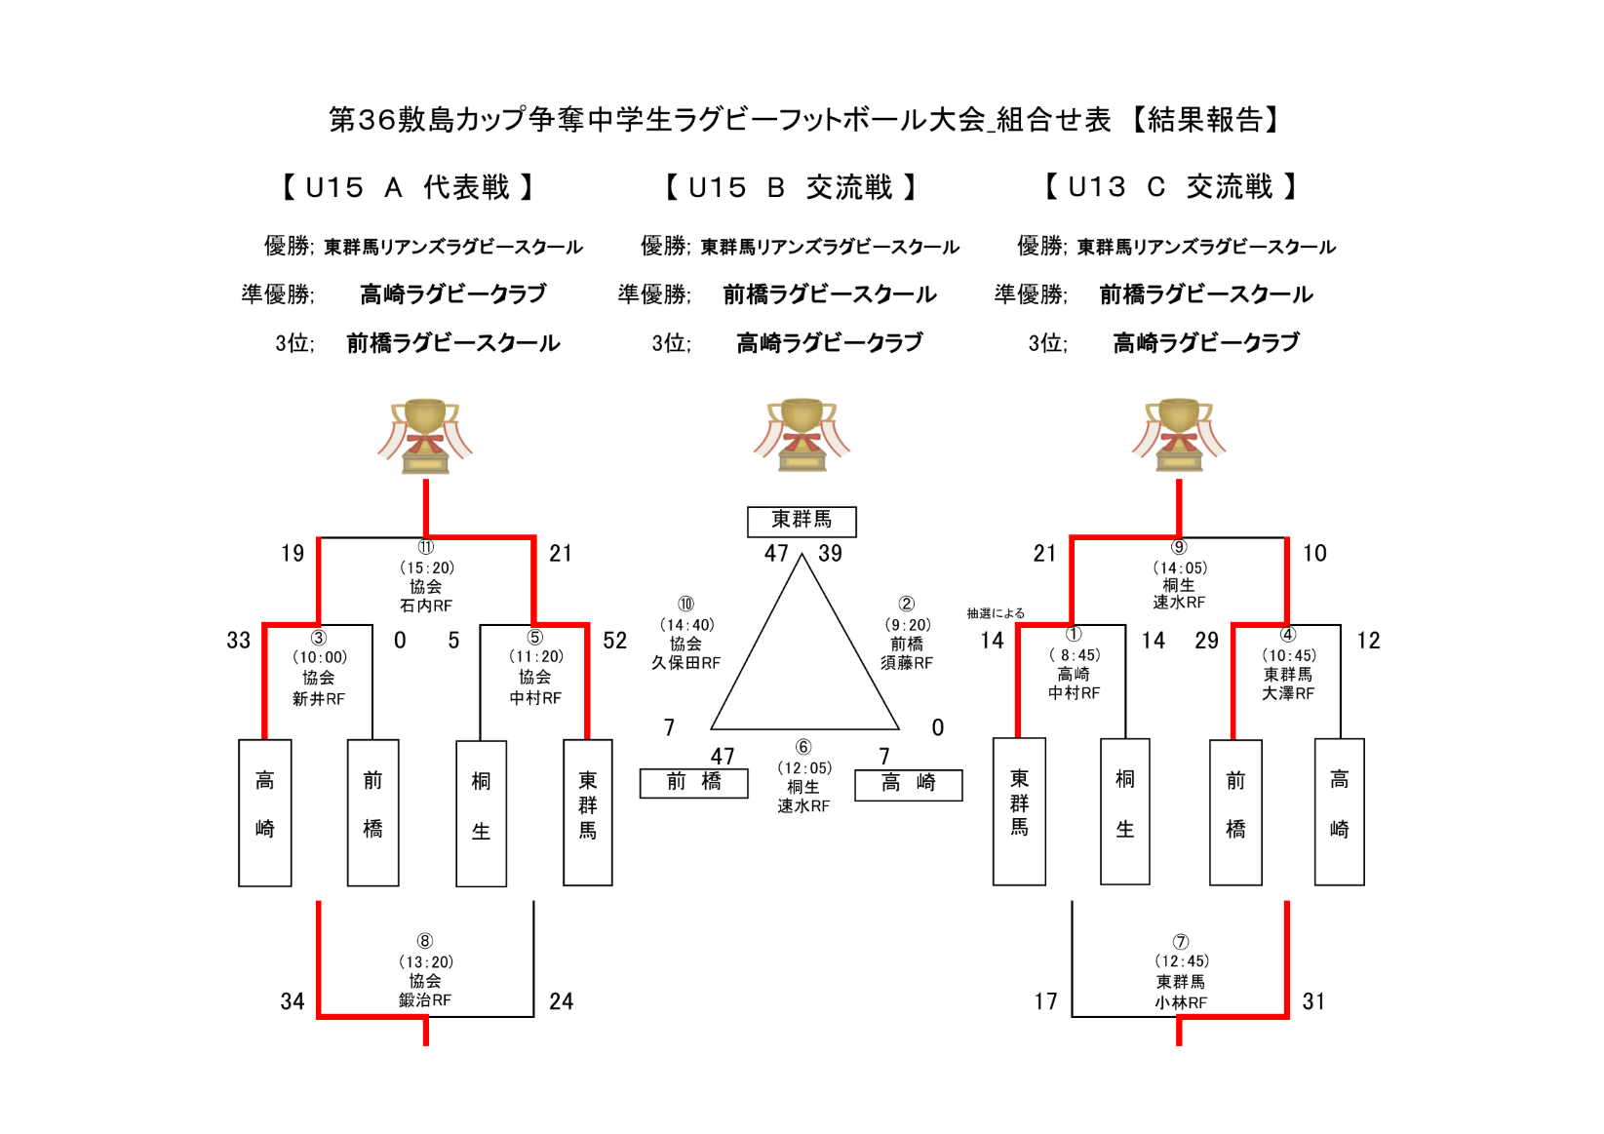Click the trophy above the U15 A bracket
(425, 435)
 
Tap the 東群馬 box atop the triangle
(802, 521)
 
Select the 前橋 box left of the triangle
(693, 783)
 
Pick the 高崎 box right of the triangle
(908, 784)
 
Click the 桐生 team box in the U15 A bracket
(481, 812)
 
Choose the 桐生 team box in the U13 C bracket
(1125, 810)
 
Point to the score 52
(614, 641)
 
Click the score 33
(239, 641)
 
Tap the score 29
(1206, 641)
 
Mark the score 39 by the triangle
(830, 554)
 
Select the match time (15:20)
(426, 567)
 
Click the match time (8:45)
(1075, 655)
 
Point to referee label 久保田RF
(685, 663)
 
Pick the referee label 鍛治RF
(425, 1000)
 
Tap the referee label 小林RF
(1180, 1002)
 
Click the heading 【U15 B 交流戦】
(790, 187)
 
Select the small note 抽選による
(996, 613)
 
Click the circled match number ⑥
(802, 748)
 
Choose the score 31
(1313, 1001)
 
